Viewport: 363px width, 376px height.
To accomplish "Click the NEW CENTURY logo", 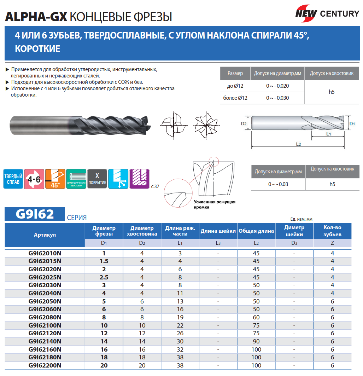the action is point(327,13).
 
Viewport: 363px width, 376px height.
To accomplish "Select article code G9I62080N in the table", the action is point(45,317).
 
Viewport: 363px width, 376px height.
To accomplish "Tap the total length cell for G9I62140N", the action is point(256,341).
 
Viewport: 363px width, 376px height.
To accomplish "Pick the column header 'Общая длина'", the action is point(256,231).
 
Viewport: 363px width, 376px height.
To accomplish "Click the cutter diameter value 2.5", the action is point(104,277).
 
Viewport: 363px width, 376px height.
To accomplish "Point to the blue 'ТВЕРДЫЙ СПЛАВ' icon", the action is point(13,179).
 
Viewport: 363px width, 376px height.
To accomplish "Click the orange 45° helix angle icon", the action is point(55,179).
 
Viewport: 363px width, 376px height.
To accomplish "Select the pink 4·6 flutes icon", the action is point(34,179).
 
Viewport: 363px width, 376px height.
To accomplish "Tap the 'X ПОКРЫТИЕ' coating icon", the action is point(97,179).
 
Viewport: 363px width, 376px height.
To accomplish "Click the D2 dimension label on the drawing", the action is point(244,124).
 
